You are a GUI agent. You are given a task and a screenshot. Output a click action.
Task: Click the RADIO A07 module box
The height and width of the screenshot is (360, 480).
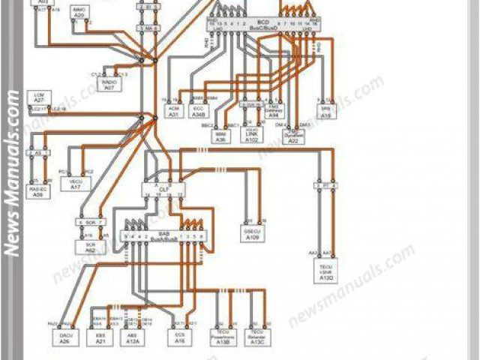click(109, 85)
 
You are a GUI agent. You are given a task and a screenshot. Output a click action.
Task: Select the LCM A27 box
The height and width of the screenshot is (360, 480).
click(39, 97)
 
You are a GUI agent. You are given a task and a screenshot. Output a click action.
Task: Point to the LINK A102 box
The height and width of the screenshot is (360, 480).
click(252, 136)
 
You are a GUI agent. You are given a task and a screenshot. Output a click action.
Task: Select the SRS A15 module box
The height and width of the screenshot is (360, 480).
click(325, 112)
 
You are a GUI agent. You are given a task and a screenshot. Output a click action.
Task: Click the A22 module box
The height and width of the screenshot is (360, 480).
click(294, 137)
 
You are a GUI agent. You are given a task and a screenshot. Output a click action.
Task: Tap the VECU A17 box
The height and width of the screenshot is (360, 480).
click(75, 183)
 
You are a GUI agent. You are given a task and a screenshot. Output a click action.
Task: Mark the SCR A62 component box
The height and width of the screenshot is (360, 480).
click(90, 247)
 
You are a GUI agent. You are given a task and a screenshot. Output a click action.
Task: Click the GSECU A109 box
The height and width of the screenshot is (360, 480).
click(251, 232)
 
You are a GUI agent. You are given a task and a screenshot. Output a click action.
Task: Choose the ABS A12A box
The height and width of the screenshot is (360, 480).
click(133, 338)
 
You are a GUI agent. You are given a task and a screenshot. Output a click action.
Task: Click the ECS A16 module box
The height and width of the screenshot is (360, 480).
click(179, 338)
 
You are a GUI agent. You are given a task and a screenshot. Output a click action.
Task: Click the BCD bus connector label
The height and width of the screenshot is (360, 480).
click(262, 25)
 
